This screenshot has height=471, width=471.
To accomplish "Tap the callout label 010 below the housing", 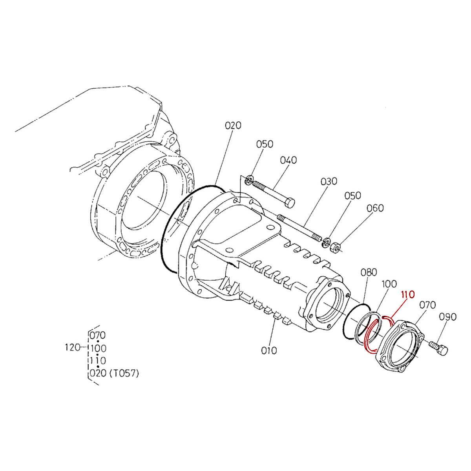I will click(x=269, y=351).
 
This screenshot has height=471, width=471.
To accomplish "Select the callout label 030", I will click(x=329, y=181).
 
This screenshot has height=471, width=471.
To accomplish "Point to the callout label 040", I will click(x=288, y=160).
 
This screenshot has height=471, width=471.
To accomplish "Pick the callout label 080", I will click(x=369, y=272).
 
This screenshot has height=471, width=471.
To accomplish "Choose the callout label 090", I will click(x=447, y=316).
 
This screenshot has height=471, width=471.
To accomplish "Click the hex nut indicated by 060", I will click(x=335, y=248).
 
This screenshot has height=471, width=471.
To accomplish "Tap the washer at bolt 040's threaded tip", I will click(x=248, y=181).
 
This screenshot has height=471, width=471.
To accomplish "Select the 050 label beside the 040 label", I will click(x=265, y=144).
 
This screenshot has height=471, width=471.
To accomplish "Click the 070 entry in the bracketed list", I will click(x=98, y=336).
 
